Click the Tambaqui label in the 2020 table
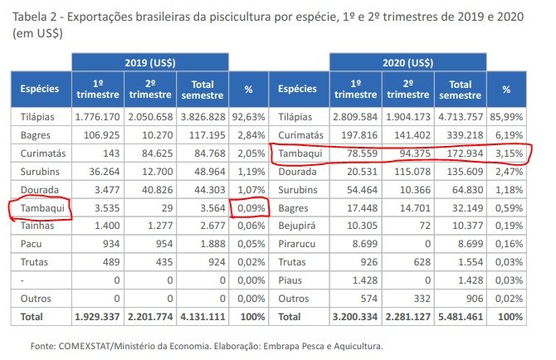click(300, 154)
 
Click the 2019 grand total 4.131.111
click(202, 316)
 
